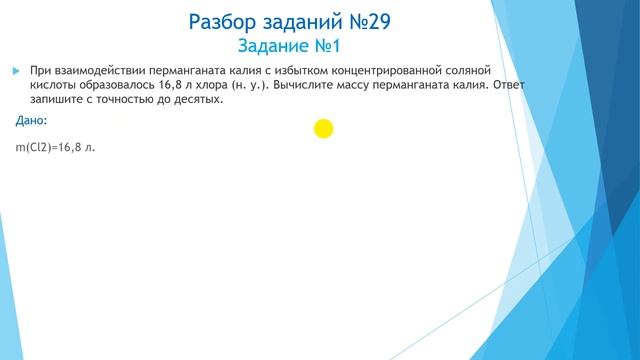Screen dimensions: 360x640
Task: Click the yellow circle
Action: (323, 128)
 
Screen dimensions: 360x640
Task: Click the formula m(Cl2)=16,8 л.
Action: (55, 147)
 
